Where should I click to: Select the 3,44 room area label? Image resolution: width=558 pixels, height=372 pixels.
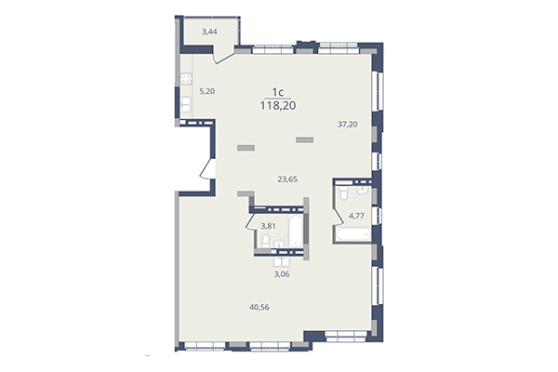pyautogui.click(x=209, y=32)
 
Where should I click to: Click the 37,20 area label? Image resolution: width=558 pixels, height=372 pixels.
pyautogui.click(x=347, y=123)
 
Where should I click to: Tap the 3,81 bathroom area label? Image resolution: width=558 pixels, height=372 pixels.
pyautogui.click(x=269, y=225)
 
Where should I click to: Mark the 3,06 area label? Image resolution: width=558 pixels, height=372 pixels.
pyautogui.click(x=281, y=273)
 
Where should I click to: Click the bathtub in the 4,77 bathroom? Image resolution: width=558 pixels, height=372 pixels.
pyautogui.click(x=352, y=239)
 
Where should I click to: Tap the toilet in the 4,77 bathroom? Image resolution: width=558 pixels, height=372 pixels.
pyautogui.click(x=344, y=192)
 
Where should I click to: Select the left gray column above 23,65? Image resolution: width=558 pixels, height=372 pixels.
pyautogui.click(x=246, y=146)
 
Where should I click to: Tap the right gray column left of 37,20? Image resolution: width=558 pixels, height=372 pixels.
pyautogui.click(x=305, y=139)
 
